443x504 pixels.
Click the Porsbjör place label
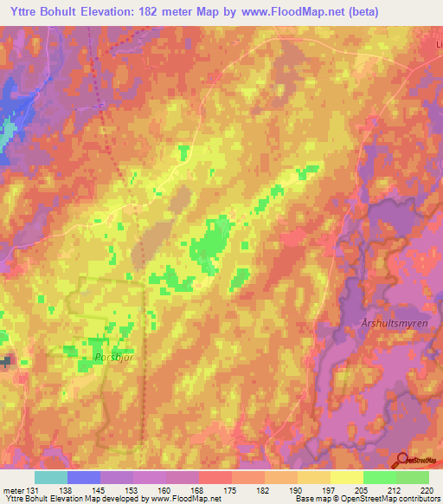coord(110,355)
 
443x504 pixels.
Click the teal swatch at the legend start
coord(50,477)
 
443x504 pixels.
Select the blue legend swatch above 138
coord(83,477)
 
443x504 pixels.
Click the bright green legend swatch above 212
coord(379,477)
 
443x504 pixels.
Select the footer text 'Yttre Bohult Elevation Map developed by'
coord(61,499)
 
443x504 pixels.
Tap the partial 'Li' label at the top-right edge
coord(438,43)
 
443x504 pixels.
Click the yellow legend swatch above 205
coord(346,477)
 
